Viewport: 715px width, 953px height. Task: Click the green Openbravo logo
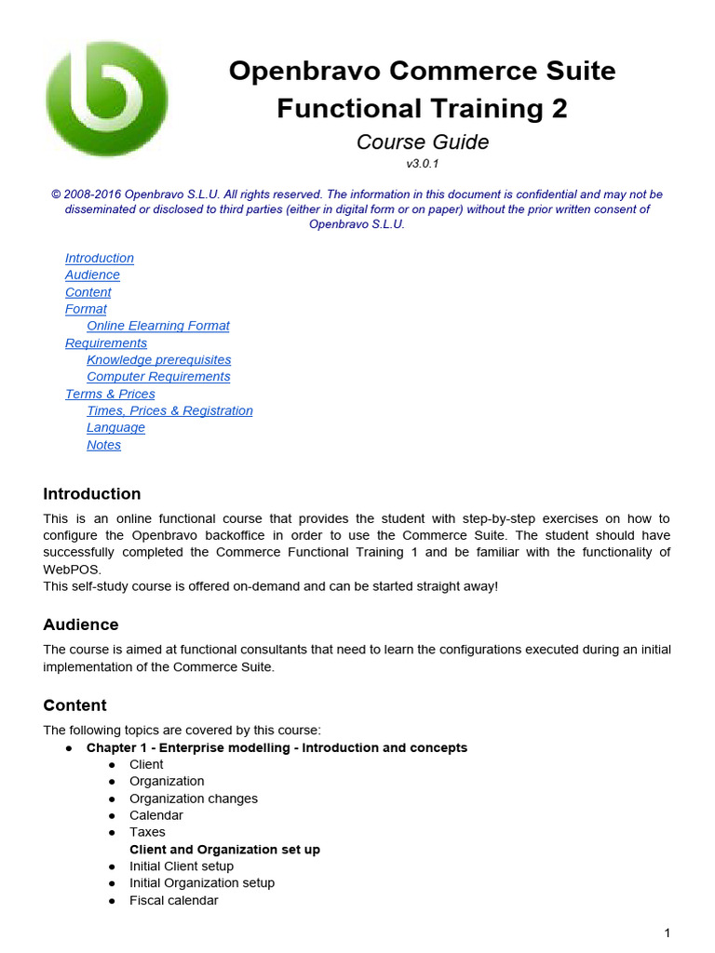107,99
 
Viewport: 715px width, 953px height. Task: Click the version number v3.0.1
422,164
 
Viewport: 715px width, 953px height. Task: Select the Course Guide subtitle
422,141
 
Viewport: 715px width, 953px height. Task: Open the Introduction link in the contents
100,258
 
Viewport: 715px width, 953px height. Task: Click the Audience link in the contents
92,275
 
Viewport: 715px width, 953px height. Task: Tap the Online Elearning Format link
157,326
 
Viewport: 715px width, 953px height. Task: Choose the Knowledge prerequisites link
158,359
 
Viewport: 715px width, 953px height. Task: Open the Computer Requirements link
158,376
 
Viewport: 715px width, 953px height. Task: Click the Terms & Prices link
110,394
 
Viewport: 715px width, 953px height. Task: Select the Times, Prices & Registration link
169,410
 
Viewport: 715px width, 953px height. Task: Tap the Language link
115,427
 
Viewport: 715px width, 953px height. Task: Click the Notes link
103,445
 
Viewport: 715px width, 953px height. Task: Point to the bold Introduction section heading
92,493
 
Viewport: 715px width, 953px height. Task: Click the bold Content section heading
74,705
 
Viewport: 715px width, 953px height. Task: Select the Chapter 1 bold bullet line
277,747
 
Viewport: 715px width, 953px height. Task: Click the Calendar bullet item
155,815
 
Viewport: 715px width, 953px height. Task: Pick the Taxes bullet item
147,832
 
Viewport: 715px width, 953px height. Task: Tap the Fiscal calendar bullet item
173,900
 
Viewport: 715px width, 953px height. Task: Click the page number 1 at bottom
667,933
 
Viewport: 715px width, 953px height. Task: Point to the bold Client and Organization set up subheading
224,850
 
